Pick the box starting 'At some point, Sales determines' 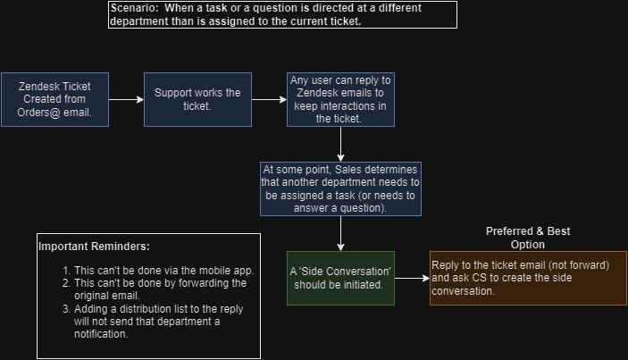(340, 188)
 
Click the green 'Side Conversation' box (340, 279)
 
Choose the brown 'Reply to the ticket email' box (527, 278)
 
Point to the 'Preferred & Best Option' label (527, 238)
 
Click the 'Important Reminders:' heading (94, 247)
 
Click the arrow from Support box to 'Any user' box (269, 99)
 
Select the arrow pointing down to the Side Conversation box (340, 234)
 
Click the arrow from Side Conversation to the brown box (412, 279)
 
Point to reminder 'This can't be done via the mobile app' (163, 271)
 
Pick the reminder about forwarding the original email (160, 289)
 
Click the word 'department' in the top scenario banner (141, 21)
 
